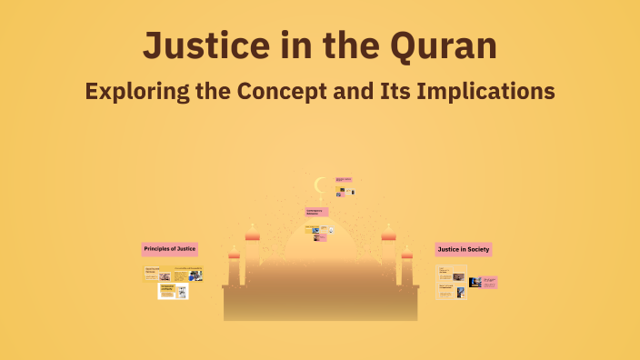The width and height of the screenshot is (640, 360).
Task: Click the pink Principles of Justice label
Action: click(170, 248)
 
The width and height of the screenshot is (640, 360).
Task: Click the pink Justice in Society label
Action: click(464, 248)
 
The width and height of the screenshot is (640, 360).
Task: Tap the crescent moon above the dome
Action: click(319, 185)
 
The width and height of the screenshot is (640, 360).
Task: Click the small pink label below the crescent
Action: click(316, 212)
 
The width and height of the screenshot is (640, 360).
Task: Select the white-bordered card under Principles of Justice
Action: click(173, 291)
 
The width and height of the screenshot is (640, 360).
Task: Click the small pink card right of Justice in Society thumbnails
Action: click(488, 282)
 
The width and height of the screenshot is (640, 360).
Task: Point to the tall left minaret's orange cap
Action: click(252, 236)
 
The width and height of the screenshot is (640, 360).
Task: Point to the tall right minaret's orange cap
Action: click(389, 236)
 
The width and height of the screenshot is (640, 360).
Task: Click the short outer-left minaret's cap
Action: click(234, 255)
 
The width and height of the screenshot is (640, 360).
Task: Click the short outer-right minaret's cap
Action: click(407, 255)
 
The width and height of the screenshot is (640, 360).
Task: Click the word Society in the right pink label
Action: click(478, 248)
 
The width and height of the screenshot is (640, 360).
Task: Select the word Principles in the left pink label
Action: click(157, 248)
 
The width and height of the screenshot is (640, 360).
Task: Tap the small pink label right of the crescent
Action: click(343, 180)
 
